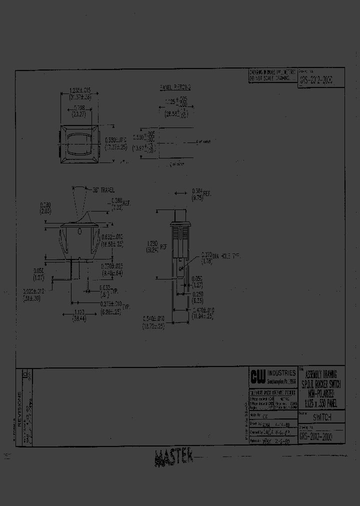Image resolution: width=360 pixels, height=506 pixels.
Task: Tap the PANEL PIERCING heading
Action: point(175,87)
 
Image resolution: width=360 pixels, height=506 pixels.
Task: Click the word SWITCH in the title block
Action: point(322,417)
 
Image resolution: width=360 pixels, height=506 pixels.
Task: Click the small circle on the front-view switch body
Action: point(79,230)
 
